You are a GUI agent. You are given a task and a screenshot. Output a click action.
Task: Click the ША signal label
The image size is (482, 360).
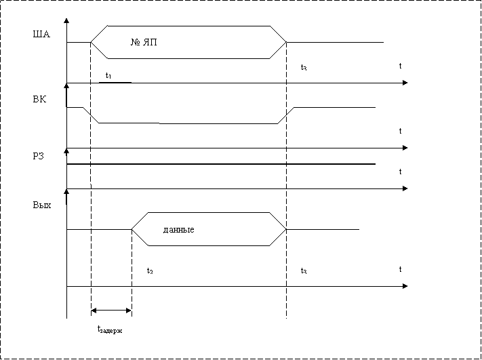(x=41, y=34)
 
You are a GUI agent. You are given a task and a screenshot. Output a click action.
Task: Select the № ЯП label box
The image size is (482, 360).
(x=176, y=42)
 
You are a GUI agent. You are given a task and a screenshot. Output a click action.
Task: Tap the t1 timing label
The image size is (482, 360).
(x=111, y=75)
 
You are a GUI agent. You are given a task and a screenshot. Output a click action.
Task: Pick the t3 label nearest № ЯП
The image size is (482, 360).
(x=309, y=66)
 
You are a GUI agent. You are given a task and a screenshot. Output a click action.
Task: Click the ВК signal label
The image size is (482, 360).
(x=41, y=99)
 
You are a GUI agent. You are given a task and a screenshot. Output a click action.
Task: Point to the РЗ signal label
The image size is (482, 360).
(x=41, y=156)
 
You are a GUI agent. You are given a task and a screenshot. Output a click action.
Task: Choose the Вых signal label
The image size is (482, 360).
(x=41, y=205)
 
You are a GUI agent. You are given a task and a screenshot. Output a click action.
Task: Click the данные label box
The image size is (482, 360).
(x=208, y=229)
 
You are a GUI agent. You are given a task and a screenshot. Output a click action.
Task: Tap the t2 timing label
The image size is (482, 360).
(x=151, y=270)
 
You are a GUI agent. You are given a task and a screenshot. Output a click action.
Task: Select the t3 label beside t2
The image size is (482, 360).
(x=309, y=270)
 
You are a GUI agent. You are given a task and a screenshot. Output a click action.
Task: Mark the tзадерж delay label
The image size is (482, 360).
(x=111, y=330)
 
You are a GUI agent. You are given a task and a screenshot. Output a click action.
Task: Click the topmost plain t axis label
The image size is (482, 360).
(x=400, y=66)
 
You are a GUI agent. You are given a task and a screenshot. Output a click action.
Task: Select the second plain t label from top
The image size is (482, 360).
(x=400, y=132)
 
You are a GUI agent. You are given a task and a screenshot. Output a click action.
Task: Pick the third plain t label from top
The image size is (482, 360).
(x=400, y=172)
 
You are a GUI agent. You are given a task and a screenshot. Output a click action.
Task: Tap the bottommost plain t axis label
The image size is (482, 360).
(x=400, y=270)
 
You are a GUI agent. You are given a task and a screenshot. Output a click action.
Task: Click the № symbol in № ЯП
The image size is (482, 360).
(x=135, y=43)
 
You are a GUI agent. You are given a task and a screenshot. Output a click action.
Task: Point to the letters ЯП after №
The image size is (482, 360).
(x=150, y=43)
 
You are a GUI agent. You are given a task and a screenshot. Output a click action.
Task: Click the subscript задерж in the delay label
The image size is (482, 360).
(x=113, y=332)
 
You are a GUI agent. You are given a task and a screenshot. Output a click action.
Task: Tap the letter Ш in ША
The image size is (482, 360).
(x=37, y=34)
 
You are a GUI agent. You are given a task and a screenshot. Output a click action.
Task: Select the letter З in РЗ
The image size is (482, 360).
(x=45, y=156)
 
